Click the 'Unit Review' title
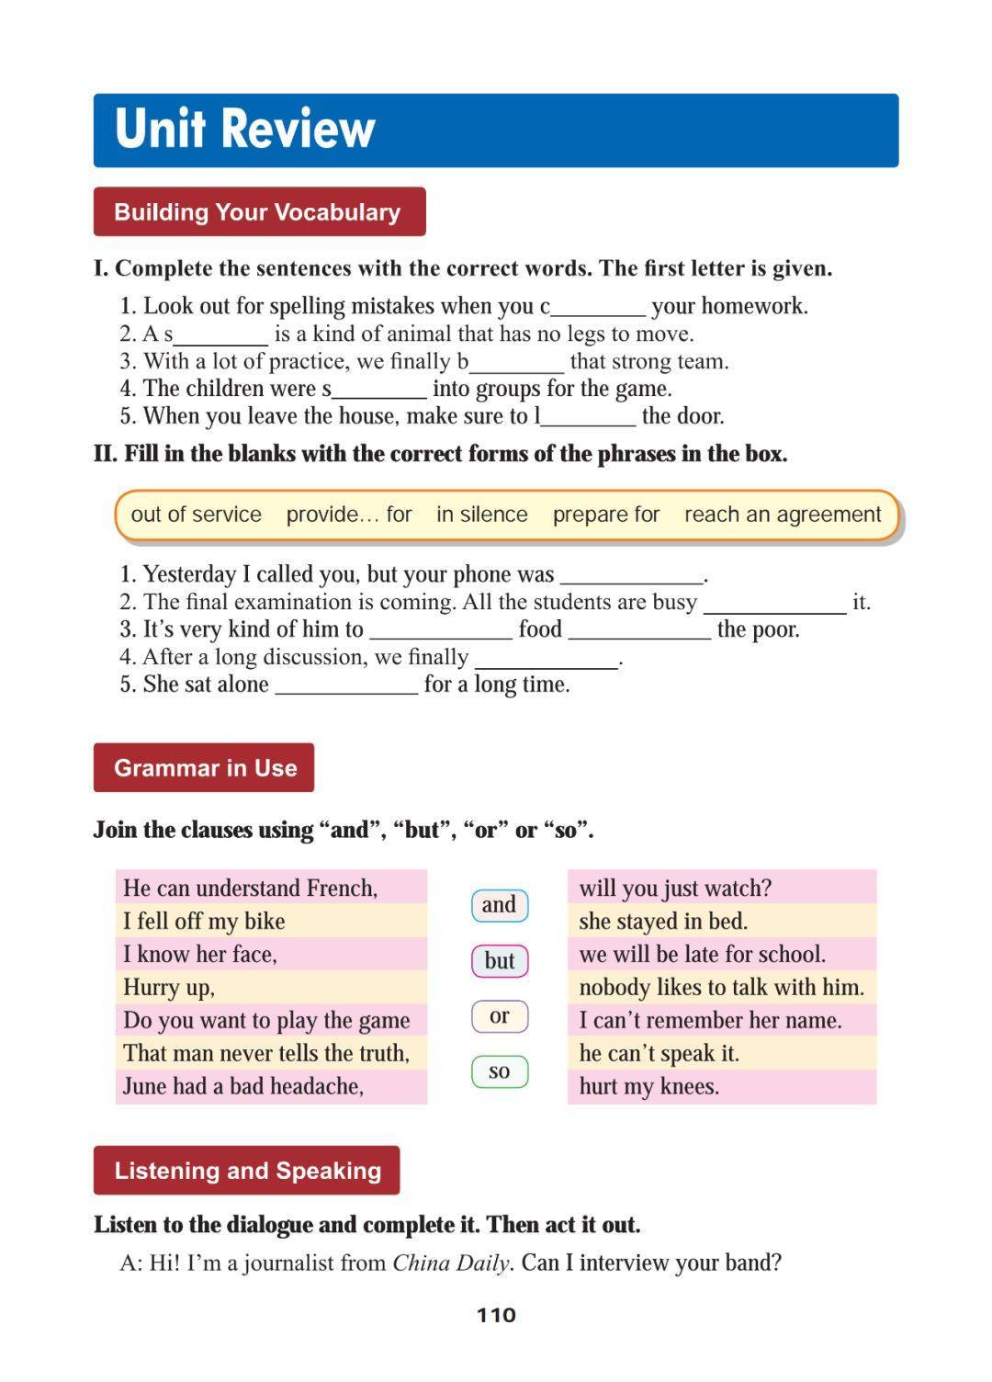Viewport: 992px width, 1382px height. click(245, 129)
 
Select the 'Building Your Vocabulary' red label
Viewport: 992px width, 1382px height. click(258, 212)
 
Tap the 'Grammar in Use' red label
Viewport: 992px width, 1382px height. click(204, 768)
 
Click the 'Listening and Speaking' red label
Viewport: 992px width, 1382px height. click(247, 1171)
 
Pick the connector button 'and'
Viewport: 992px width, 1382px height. click(499, 905)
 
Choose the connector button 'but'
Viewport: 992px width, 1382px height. click(499, 961)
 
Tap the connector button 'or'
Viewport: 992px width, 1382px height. click(499, 1016)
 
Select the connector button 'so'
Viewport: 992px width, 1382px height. click(499, 1071)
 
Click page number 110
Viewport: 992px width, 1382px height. click(496, 1315)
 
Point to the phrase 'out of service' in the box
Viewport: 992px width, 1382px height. click(196, 515)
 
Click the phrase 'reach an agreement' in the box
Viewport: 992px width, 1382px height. click(783, 515)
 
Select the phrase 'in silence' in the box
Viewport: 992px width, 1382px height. click(481, 515)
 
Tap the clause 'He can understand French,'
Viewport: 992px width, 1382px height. click(250, 888)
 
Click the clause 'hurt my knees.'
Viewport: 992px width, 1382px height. click(648, 1086)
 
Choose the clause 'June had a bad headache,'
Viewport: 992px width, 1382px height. click(243, 1086)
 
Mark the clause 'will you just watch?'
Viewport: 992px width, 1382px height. click(675, 888)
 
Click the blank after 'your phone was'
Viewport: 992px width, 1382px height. click(631, 576)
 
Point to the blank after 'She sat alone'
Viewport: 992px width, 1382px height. click(346, 685)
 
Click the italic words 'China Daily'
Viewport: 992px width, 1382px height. click(450, 1263)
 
